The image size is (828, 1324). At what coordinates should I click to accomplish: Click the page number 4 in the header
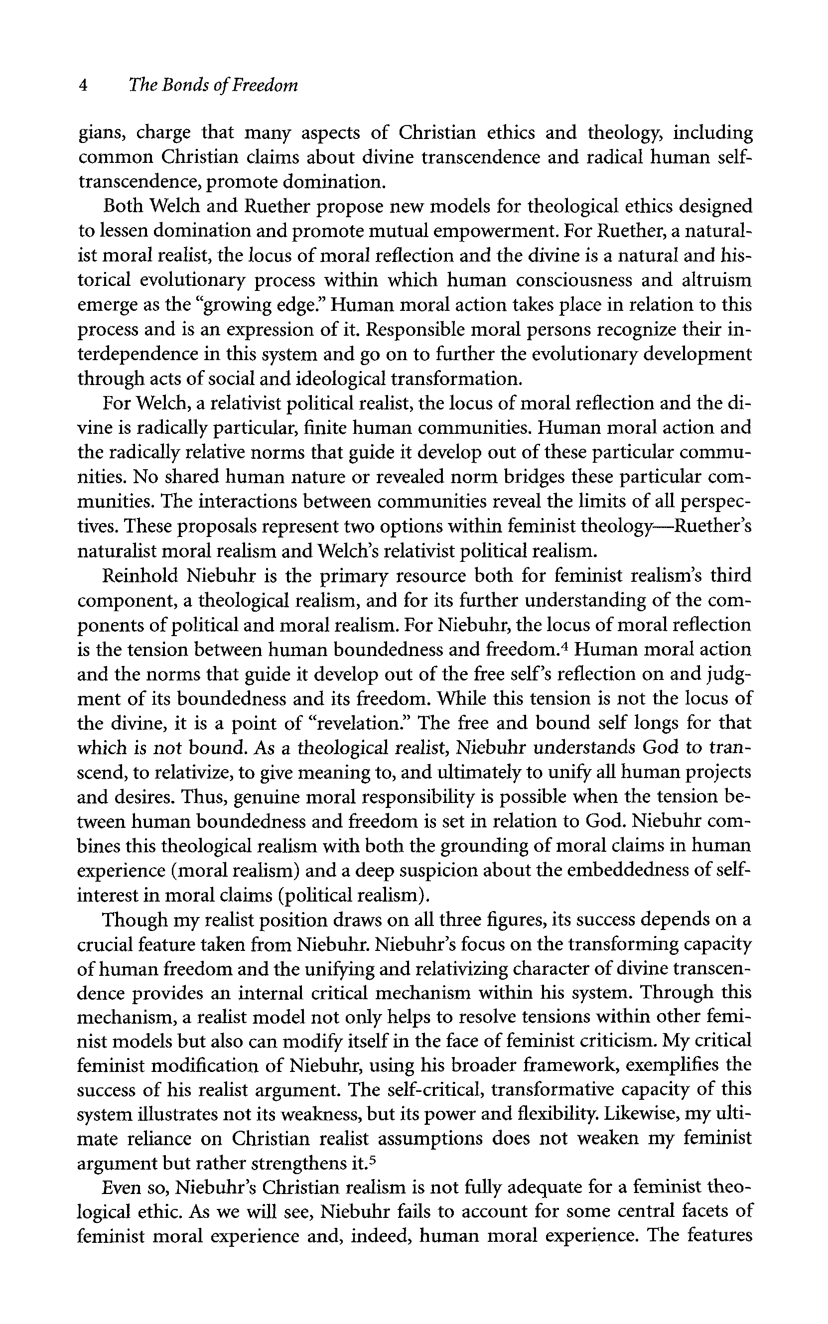(83, 86)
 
